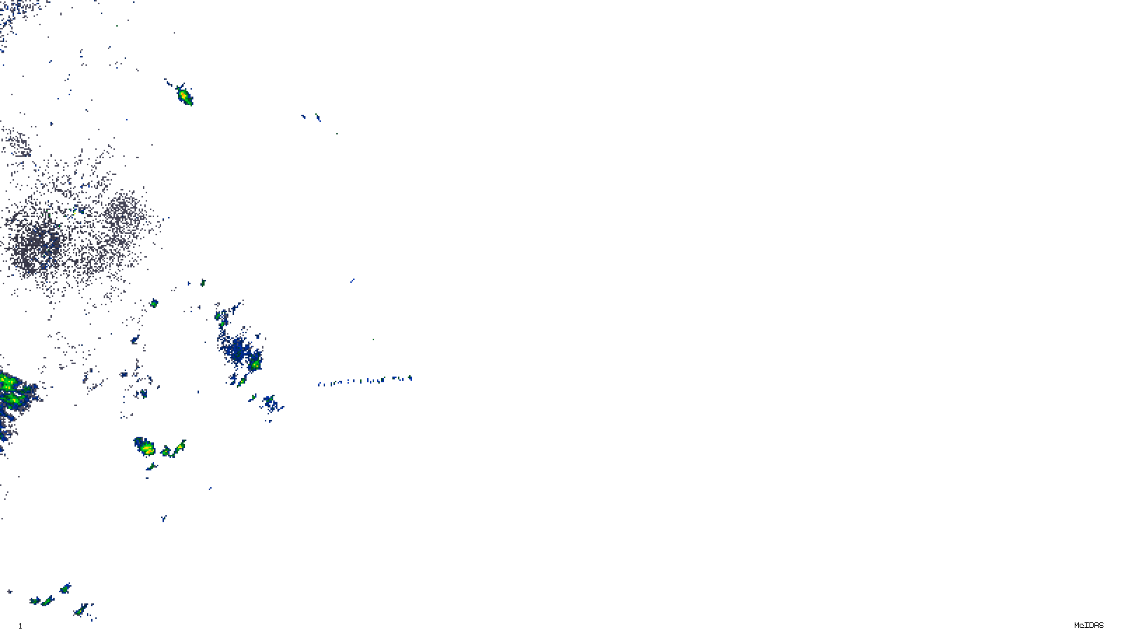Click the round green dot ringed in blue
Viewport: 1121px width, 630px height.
tap(153, 303)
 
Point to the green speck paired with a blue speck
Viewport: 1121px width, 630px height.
tap(202, 283)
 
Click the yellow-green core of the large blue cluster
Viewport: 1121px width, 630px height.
tap(256, 365)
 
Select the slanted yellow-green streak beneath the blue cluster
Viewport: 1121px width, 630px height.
tap(240, 381)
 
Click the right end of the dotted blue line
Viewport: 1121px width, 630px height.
tap(410, 379)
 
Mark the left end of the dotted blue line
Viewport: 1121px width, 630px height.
tap(319, 384)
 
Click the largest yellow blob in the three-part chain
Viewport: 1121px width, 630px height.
tap(146, 448)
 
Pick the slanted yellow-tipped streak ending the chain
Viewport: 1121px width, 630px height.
tap(181, 445)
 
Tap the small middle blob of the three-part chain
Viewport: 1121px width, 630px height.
tap(166, 451)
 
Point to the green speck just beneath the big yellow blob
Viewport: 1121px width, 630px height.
tap(151, 466)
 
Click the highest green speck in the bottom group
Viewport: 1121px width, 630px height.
tap(64, 588)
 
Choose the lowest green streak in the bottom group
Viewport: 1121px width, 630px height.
tap(81, 611)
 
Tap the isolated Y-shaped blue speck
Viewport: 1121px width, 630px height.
tap(352, 281)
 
